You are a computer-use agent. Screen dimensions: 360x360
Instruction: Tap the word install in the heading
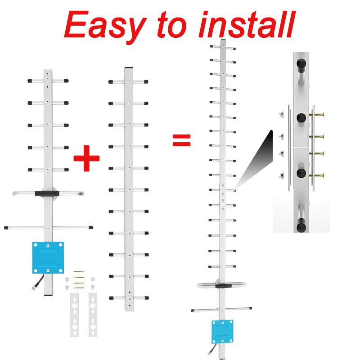click(x=247, y=24)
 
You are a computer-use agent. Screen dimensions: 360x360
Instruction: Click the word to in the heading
click(x=172, y=24)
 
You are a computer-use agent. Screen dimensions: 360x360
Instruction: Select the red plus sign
click(x=86, y=158)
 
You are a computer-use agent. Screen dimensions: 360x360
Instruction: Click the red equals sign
click(x=181, y=140)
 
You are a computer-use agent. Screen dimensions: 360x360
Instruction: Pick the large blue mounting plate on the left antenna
click(x=48, y=257)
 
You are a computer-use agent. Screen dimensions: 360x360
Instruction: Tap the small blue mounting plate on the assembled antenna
click(x=222, y=331)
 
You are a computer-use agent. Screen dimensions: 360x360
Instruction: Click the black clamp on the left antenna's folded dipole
click(x=47, y=193)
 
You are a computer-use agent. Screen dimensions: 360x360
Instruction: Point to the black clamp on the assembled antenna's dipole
click(x=223, y=286)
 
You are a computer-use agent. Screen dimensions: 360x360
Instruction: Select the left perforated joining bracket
click(x=75, y=315)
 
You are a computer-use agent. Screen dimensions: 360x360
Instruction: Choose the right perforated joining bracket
click(x=93, y=315)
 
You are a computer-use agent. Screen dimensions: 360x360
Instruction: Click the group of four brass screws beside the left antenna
click(x=79, y=279)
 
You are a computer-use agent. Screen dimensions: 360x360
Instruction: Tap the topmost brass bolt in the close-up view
click(x=317, y=114)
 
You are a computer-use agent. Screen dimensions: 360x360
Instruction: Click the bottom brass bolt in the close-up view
click(x=317, y=175)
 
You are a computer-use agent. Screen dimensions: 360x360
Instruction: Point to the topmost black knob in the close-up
click(x=301, y=63)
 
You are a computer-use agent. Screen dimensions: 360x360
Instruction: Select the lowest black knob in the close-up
click(x=301, y=227)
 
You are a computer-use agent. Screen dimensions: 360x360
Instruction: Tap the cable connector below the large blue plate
click(x=34, y=288)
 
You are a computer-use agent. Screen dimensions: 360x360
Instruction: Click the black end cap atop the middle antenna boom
click(x=129, y=68)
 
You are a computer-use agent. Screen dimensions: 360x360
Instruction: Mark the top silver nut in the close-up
click(x=282, y=114)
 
